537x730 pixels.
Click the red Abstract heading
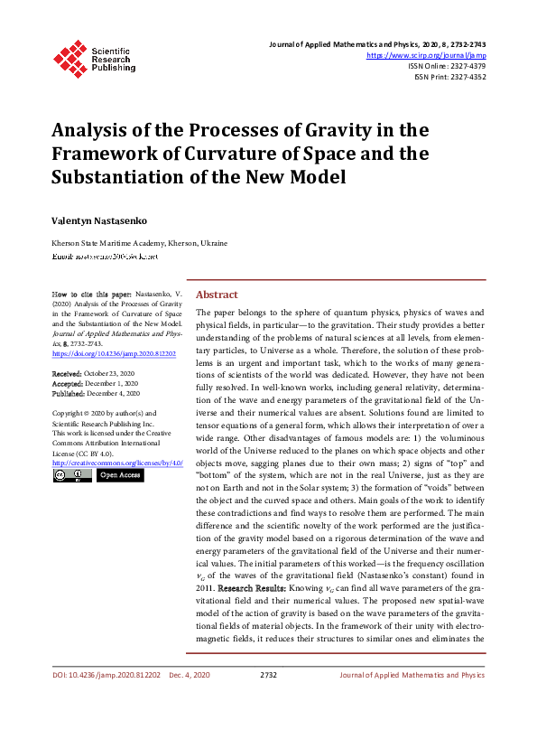click(x=217, y=295)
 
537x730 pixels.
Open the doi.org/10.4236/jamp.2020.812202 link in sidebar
click(x=114, y=354)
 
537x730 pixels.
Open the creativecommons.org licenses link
click(x=118, y=462)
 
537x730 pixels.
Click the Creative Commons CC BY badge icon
click(x=71, y=475)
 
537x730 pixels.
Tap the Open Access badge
click(x=119, y=475)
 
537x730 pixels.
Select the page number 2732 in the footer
click(x=268, y=674)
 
